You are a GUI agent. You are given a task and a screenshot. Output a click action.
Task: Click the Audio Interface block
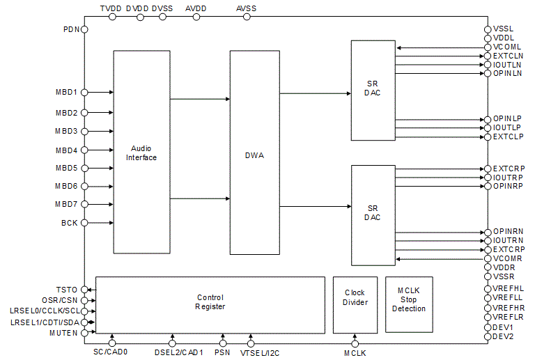tap(141, 152)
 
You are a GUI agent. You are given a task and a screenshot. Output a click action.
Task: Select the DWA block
tap(255, 155)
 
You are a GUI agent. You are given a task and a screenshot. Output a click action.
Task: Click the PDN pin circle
tap(85, 29)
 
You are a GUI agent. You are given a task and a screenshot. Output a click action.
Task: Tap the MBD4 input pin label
tap(67, 150)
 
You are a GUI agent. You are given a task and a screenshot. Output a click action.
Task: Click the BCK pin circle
tap(85, 223)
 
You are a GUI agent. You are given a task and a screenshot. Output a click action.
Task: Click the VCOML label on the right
tap(508, 47)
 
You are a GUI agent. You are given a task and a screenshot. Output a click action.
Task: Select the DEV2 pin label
tap(503, 336)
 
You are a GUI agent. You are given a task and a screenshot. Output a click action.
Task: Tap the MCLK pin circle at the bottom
tap(355, 343)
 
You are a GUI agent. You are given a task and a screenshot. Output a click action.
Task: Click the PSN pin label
tap(223, 353)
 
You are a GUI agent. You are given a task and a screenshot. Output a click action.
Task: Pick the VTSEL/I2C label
tap(260, 353)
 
